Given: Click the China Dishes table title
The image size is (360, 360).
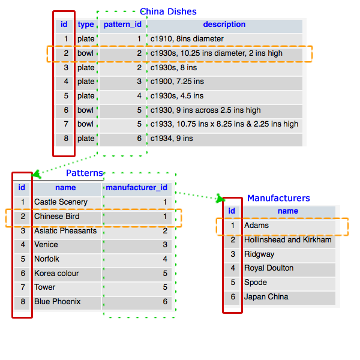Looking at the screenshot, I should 168,11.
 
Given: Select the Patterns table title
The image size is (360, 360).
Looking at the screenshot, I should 84,173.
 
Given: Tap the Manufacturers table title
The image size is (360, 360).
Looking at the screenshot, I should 278,198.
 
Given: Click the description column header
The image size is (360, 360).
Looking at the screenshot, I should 224,25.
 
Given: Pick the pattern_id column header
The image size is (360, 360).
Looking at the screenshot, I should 122,25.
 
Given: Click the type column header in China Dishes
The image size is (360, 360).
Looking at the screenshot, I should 86,25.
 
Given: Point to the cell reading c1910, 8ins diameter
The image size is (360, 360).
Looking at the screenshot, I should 187,39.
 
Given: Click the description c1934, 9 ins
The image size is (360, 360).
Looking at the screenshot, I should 172,139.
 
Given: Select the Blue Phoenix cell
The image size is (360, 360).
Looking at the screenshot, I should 57,302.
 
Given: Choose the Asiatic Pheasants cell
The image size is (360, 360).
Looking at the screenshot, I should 65,231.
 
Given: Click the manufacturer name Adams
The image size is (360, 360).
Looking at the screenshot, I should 256,226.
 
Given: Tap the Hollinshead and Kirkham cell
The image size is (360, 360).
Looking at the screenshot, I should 287,240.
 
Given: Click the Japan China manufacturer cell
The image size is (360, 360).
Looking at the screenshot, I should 266,297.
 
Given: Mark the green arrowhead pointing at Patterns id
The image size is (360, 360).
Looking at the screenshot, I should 36,175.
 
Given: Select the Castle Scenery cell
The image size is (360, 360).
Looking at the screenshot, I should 61,202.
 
